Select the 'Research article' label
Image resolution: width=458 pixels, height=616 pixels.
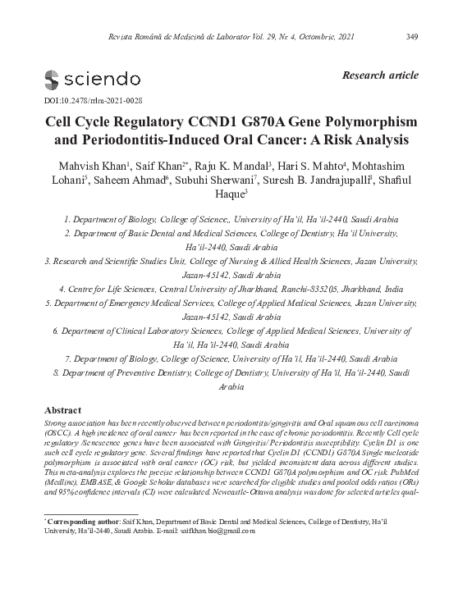click(x=378, y=75)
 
